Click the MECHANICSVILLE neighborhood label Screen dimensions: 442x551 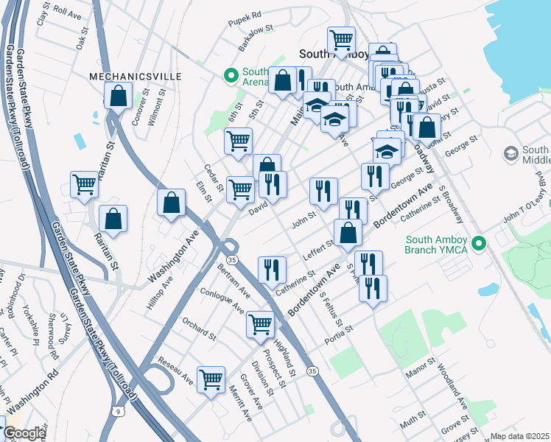click(x=124, y=76)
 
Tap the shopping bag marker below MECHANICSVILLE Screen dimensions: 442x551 click(x=119, y=96)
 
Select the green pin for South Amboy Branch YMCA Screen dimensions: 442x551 click(x=480, y=242)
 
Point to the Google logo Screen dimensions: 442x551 click(x=24, y=433)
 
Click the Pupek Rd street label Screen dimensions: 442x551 click(x=245, y=35)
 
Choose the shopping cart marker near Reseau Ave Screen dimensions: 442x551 click(x=211, y=380)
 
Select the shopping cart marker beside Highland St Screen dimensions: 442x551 click(x=260, y=324)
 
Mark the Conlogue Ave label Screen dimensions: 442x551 click(x=222, y=301)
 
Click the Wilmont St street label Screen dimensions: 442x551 click(x=153, y=108)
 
